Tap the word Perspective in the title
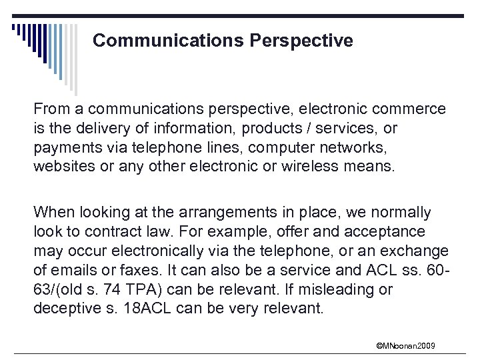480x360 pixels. coord(301,41)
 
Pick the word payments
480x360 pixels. coord(65,147)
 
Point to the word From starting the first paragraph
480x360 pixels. coord(50,108)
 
